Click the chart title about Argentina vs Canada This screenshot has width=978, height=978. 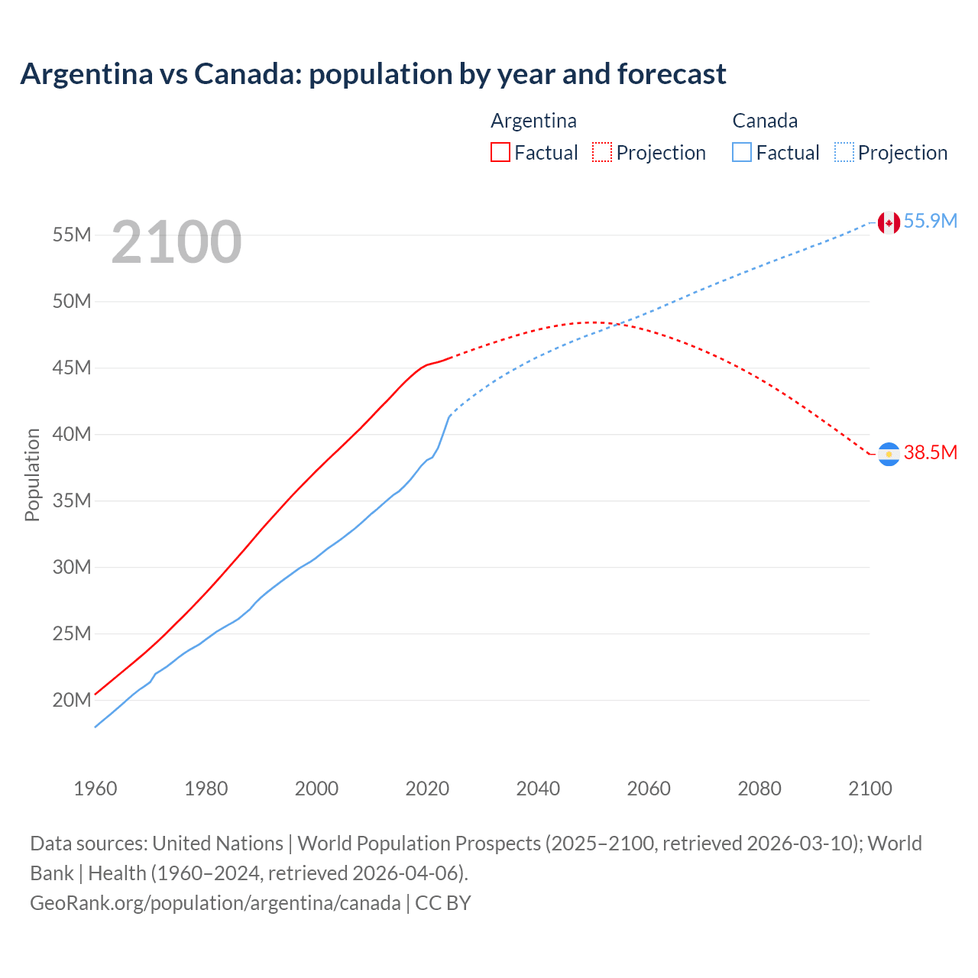[373, 74]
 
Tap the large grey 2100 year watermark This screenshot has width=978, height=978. [176, 242]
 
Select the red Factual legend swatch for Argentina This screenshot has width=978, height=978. [500, 152]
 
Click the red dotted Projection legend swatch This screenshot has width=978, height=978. [602, 152]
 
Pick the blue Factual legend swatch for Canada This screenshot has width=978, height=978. [741, 152]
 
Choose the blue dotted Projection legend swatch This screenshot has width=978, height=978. [844, 152]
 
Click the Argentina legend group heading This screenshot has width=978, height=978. [533, 121]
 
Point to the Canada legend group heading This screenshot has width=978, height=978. [765, 121]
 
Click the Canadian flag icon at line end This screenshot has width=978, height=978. [888, 222]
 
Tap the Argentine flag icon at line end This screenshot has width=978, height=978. [888, 454]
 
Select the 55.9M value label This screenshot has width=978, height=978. [930, 221]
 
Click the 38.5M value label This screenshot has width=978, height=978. [930, 452]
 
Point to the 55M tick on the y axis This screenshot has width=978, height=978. [72, 235]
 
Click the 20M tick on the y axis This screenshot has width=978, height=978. [72, 700]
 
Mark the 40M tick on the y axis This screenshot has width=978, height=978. [72, 434]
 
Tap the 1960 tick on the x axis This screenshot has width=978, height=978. [96, 789]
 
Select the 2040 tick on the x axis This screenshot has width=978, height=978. [538, 789]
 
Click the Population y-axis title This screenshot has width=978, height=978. [32, 474]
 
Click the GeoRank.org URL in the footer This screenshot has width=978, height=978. [215, 902]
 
